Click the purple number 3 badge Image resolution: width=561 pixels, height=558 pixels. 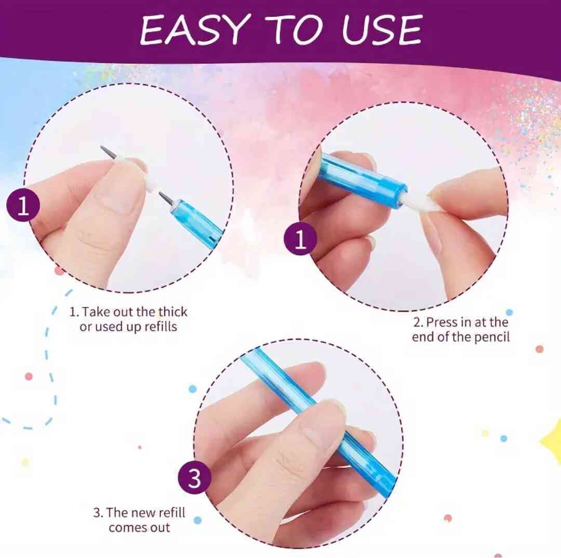pyautogui.click(x=194, y=477)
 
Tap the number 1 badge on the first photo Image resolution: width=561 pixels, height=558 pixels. pyautogui.click(x=23, y=205)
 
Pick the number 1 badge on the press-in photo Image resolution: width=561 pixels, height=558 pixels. pyautogui.click(x=300, y=238)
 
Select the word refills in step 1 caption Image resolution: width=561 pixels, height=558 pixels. pyautogui.click(x=160, y=326)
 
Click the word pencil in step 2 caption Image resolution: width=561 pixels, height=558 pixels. pyautogui.click(x=491, y=337)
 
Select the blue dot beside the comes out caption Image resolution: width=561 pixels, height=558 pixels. pyautogui.click(x=197, y=520)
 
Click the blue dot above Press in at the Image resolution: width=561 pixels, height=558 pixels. pyautogui.click(x=509, y=312)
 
